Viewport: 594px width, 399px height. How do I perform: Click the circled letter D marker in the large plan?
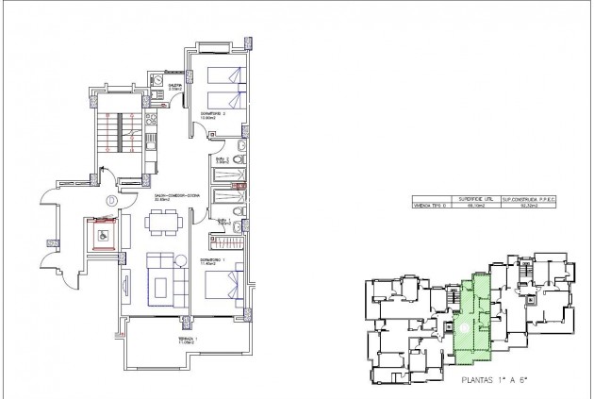[x=111, y=200]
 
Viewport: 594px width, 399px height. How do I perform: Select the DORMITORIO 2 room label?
[x=213, y=115]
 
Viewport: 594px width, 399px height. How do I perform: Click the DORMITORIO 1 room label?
[x=213, y=260]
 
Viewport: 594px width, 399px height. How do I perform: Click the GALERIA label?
[x=175, y=87]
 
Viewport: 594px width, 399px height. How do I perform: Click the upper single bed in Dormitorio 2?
[x=225, y=77]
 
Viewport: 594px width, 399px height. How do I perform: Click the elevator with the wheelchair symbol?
[x=102, y=232]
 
